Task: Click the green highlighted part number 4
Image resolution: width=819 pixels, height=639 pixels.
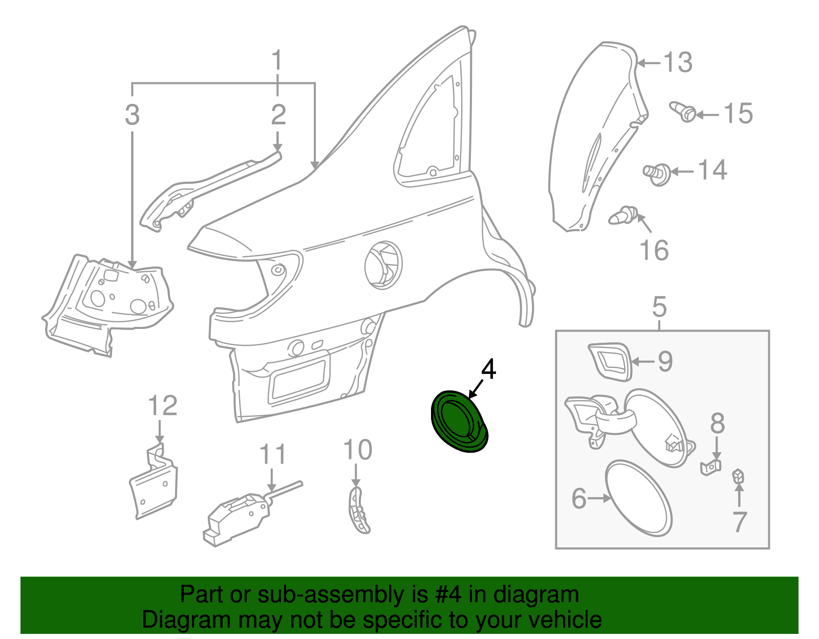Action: coord(459,422)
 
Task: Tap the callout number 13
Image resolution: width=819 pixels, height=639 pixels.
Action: coord(677,62)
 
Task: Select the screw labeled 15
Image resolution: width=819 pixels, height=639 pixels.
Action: coord(682,112)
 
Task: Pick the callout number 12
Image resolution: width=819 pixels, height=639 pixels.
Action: coord(162,406)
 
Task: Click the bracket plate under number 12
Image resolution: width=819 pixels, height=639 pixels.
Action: coord(154,482)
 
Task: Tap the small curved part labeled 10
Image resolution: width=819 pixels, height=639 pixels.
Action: coord(358,510)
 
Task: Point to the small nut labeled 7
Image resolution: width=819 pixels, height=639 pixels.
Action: coord(738,476)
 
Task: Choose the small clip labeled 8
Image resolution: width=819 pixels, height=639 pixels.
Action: coord(710,467)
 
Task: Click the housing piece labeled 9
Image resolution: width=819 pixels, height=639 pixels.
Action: coord(610,362)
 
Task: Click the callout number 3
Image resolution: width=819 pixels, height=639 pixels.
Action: coord(132,115)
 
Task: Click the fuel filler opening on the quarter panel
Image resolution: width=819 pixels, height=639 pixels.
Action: coord(383,265)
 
